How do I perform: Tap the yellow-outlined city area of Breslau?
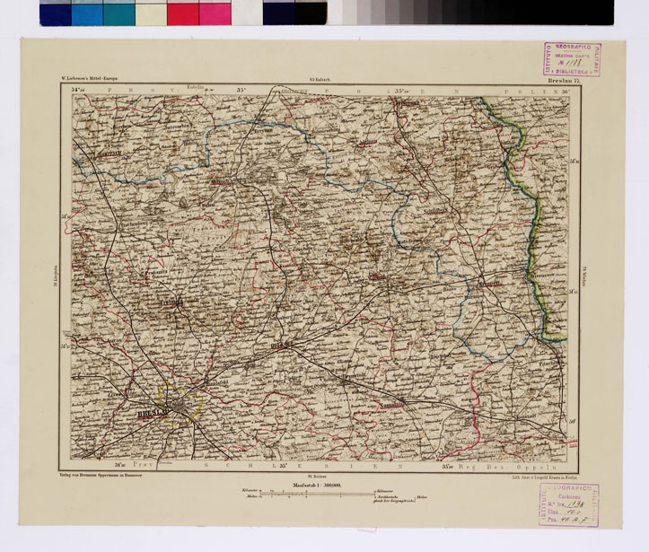183,406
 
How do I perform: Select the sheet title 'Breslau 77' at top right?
565,82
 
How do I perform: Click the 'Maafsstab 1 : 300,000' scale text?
320,485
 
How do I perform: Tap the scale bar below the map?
320,495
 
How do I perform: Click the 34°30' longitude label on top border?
81,91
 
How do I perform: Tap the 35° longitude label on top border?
241,91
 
